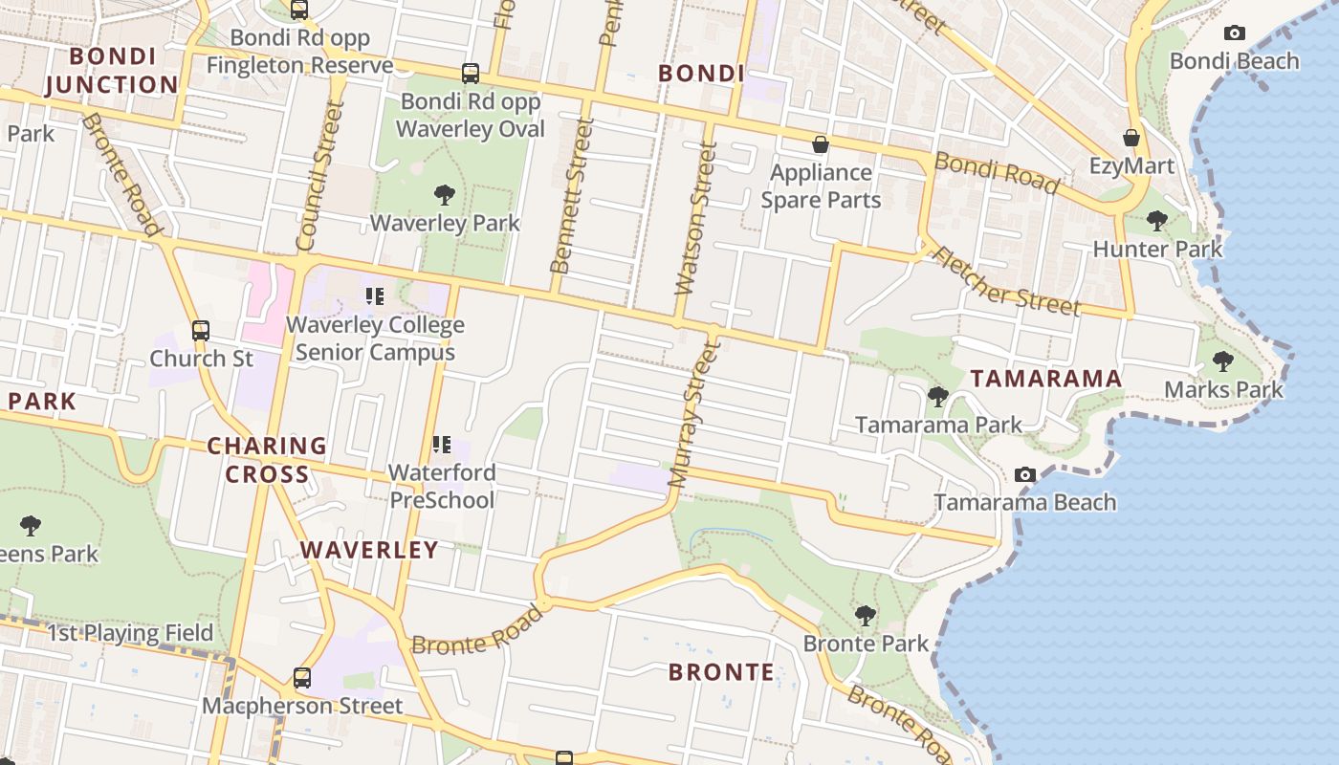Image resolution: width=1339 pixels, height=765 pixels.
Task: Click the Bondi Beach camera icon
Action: coord(1234,33)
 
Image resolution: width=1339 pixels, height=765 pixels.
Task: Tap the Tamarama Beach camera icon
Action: coord(1024,475)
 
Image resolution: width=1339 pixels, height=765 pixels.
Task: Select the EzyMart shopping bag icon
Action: coord(1131,139)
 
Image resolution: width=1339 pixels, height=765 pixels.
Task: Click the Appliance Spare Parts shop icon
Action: coord(820,145)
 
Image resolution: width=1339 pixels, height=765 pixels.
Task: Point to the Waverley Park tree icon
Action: coord(444,195)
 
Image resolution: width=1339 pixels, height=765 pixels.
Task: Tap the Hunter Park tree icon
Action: coord(1156,221)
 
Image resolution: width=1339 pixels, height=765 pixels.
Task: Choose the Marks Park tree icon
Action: coord(1222,361)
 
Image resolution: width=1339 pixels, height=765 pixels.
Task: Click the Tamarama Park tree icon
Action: coord(937,396)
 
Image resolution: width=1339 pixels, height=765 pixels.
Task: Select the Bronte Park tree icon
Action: coord(866,616)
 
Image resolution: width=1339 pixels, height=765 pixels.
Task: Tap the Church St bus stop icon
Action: coord(201,331)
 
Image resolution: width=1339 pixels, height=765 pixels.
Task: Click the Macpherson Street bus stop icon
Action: coord(302,678)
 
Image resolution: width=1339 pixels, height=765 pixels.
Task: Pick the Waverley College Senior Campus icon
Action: coord(374,296)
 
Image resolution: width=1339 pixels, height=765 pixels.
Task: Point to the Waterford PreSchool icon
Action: coord(441,444)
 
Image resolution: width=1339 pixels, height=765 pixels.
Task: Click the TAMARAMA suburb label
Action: coord(1046,379)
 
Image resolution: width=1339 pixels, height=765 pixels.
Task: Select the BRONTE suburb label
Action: coord(721,672)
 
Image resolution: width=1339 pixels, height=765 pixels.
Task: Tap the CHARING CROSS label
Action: coord(268,460)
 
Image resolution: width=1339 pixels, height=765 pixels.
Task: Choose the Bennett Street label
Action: coord(572,196)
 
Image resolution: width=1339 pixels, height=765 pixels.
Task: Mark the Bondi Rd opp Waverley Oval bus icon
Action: coord(470,73)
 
